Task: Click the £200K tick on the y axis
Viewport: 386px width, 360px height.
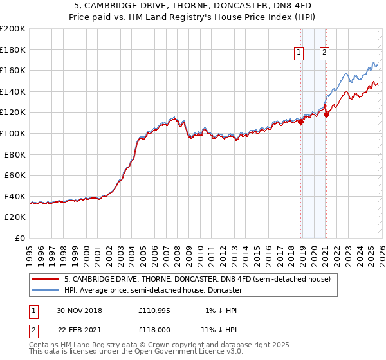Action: pos(13,29)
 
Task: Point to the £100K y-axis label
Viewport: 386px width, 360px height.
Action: pos(13,133)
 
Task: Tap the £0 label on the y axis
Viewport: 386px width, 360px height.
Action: pos(20,238)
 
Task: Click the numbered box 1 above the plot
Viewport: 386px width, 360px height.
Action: pos(300,53)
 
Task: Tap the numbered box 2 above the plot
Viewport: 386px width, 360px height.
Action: pos(324,53)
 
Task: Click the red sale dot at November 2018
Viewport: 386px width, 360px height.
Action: pos(300,122)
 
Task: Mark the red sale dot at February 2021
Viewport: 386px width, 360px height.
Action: pos(326,115)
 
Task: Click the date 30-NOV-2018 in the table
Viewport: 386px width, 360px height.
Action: pos(79,310)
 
